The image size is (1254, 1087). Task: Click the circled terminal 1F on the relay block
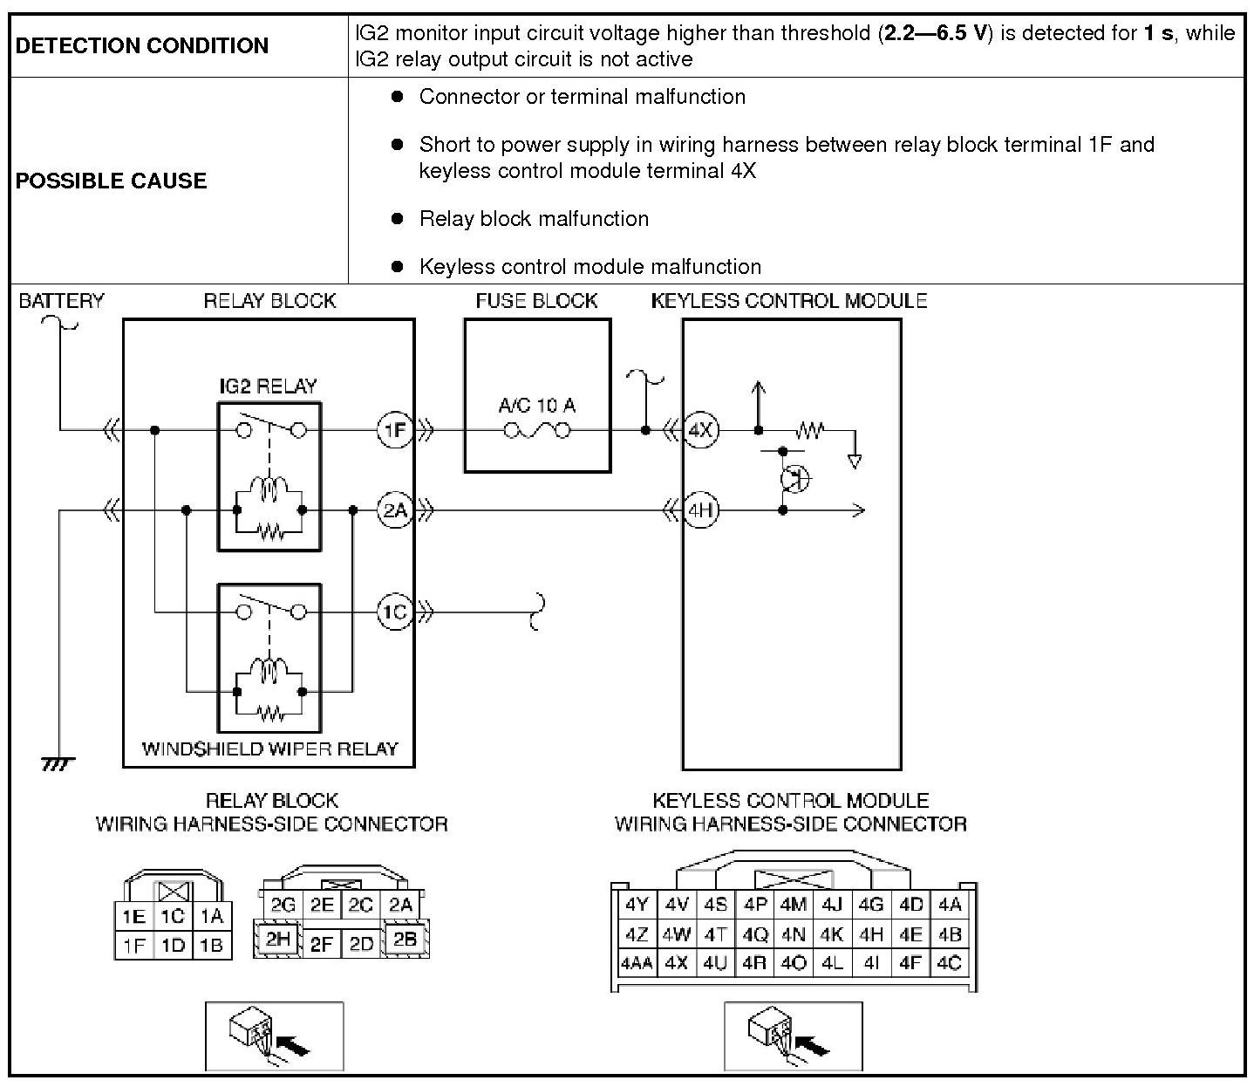click(394, 429)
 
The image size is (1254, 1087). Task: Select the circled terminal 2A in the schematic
click(394, 509)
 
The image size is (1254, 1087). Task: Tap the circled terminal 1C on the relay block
click(394, 612)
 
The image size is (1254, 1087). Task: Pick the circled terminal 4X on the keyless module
click(700, 429)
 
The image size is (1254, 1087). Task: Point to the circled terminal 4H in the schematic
click(700, 509)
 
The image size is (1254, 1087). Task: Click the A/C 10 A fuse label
click(536, 405)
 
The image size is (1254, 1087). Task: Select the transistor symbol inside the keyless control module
click(794, 478)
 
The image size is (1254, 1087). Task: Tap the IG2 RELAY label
click(269, 386)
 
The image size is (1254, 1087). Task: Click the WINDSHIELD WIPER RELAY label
click(269, 749)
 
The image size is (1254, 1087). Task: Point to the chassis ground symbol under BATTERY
click(58, 763)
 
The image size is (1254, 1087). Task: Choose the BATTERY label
click(61, 301)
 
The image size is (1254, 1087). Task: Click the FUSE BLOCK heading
click(536, 301)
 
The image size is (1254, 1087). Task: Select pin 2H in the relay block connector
click(278, 939)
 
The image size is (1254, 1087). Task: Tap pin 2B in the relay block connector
click(405, 939)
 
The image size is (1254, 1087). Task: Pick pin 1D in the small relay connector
click(173, 945)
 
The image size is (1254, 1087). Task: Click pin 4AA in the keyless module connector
click(636, 963)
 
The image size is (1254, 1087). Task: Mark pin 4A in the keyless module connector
click(950, 905)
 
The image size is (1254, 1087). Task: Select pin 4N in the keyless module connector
click(793, 934)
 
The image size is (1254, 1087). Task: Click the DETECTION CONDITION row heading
click(142, 45)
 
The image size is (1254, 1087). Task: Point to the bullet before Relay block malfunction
click(398, 218)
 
